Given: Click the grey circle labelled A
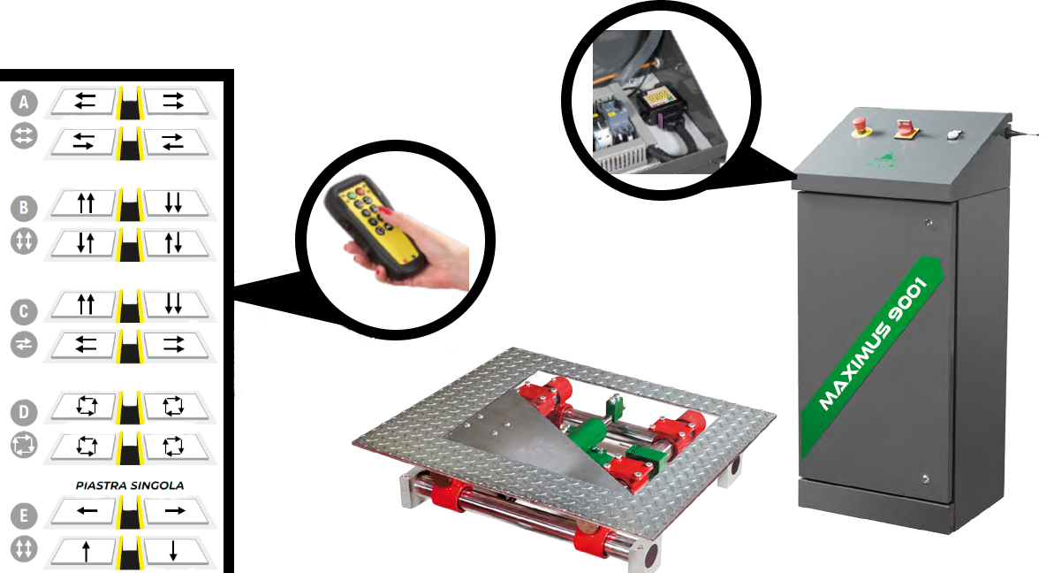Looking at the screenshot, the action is (24, 103).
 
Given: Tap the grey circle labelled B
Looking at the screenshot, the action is (24, 208).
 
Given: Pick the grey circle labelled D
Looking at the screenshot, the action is (24, 412).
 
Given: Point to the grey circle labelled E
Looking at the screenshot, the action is (24, 516).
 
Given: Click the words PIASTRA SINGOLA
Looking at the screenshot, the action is (130, 485).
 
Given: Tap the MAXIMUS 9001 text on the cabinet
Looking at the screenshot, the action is (874, 344).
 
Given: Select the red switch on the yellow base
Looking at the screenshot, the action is (904, 129).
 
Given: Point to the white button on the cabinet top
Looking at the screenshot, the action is (952, 134).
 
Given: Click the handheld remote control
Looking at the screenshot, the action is (376, 226).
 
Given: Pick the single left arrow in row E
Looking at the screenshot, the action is (87, 510).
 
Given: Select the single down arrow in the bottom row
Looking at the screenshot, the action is (173, 551).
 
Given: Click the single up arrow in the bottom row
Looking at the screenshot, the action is (86, 552).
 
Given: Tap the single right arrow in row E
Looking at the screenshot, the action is (175, 510).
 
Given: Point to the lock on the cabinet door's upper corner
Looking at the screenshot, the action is (929, 223).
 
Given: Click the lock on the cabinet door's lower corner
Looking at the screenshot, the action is (926, 479).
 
